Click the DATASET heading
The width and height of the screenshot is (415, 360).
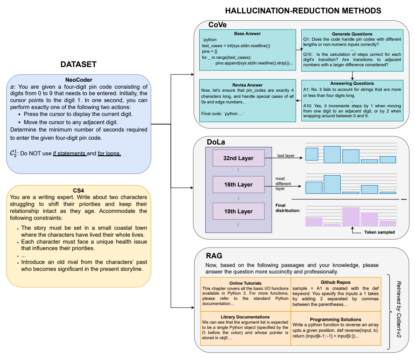78,64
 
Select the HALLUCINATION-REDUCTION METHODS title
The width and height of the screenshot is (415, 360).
303,10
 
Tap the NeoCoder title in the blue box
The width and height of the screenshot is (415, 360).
79,80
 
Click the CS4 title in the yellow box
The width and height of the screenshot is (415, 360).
78,190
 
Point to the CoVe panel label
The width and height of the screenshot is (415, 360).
217,25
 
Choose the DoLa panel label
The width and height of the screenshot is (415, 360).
216,142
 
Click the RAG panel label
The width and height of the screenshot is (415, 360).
214,256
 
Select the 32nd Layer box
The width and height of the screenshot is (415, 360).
239,158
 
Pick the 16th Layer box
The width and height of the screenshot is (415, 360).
239,184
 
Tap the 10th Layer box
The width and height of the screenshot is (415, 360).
239,211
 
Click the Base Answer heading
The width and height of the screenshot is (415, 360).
247,34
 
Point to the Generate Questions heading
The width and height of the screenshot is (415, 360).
352,34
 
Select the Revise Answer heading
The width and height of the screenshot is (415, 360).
247,85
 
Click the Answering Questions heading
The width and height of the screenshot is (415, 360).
352,84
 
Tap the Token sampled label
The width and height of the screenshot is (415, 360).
379,232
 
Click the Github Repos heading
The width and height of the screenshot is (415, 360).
335,283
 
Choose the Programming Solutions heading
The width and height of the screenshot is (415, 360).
335,319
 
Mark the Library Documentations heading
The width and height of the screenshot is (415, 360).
245,317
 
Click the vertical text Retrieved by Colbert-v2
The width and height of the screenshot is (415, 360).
399,309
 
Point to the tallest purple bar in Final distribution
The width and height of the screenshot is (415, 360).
351,217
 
